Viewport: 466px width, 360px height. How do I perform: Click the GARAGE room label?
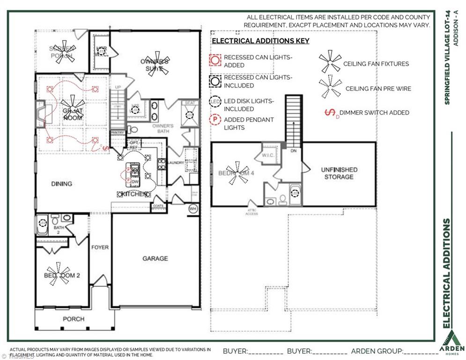tap(155, 258)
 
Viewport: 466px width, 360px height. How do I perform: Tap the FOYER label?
tap(100, 247)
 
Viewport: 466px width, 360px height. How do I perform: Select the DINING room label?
tap(62, 184)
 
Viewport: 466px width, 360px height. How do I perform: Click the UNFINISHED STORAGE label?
tap(339, 173)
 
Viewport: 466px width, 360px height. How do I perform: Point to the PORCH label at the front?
tap(74, 319)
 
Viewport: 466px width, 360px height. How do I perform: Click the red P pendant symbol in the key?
tap(215, 120)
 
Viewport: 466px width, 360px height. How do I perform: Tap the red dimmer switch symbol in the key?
tap(332, 112)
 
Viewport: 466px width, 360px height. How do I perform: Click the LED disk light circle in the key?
tap(215, 102)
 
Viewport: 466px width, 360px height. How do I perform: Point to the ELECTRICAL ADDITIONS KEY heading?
tap(260, 41)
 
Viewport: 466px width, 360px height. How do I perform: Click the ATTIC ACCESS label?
tap(252, 213)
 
